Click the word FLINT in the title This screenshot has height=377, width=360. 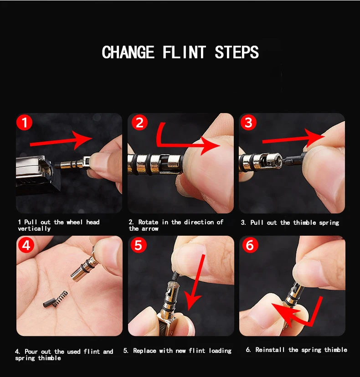coord(184,52)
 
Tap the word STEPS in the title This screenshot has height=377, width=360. coord(237,52)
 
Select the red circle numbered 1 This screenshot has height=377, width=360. coord(24,122)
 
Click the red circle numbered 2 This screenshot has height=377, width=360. coord(139,122)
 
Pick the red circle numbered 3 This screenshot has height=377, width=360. coord(248,122)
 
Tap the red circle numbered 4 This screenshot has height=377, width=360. coord(26,245)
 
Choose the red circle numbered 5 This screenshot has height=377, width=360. coord(139,245)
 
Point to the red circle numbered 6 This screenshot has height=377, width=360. coord(250,245)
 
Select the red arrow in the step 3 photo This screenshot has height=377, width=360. coord(293,139)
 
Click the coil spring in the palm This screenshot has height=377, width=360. coord(60,299)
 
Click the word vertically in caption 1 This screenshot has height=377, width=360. coord(34,229)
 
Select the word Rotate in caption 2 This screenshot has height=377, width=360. coord(148,222)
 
